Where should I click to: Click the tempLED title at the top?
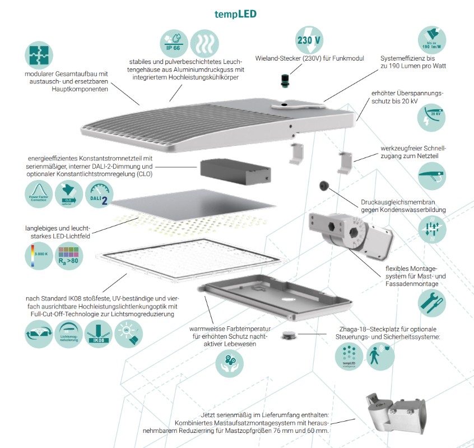click(x=235, y=14)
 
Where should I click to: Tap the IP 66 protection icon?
click(x=173, y=43)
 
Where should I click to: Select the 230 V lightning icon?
click(x=309, y=40)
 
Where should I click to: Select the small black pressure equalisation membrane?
click(x=323, y=186)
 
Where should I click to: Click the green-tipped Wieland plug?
click(x=284, y=80)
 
